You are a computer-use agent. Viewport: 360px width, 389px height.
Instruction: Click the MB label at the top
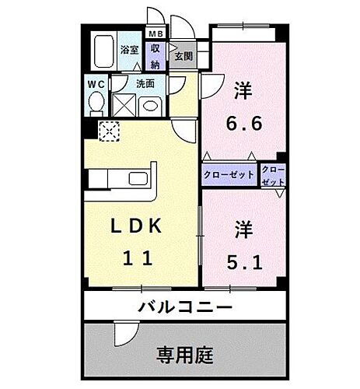coord(156,34)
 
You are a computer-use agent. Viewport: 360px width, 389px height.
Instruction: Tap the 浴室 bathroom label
coord(129,50)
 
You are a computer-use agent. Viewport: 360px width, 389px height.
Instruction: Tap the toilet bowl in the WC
coord(96,103)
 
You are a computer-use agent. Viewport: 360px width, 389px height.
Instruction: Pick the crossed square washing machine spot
coord(124,104)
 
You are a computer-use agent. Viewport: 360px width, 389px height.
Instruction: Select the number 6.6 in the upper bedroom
coord(243,121)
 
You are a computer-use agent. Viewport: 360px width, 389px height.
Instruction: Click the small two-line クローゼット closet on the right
coord(273,174)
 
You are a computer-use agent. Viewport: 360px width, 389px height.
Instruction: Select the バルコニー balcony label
coord(186,307)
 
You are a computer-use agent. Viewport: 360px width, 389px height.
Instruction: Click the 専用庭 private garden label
coord(186,350)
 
